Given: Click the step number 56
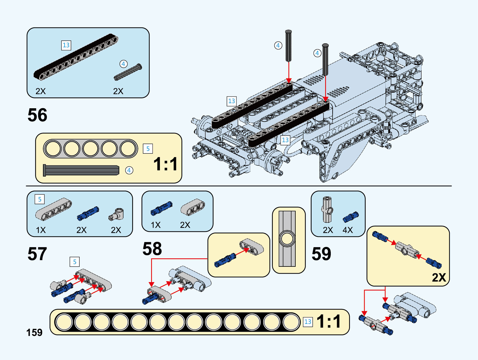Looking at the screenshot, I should point(37,115).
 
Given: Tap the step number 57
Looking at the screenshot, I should point(37,254).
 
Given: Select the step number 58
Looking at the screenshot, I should point(152,249).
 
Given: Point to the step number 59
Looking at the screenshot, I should point(321,254).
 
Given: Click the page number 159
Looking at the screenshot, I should point(34,333).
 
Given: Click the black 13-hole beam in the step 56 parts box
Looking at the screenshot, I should point(76,57).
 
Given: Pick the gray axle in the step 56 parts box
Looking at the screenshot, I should point(128,72).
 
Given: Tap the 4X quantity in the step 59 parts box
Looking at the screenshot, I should point(348,230).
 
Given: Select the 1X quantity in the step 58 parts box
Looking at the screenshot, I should point(156,225).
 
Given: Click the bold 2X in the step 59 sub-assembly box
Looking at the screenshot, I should point(439,277).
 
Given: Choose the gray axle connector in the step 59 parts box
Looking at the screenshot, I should point(327,209).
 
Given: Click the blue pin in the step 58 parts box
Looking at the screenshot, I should point(161,208).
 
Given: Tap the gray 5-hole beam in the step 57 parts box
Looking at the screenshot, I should point(54,209).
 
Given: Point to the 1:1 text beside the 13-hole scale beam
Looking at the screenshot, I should point(329,321).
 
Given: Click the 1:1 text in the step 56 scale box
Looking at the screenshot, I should point(166,164).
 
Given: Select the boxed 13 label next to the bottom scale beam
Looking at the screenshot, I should point(308,322).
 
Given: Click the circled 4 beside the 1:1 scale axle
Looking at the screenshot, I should point(129,171).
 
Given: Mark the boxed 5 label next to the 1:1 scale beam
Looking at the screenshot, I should point(148,149).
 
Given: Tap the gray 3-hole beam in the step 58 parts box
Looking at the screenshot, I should point(193,208).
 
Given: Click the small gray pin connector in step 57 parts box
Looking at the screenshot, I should point(117,214).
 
